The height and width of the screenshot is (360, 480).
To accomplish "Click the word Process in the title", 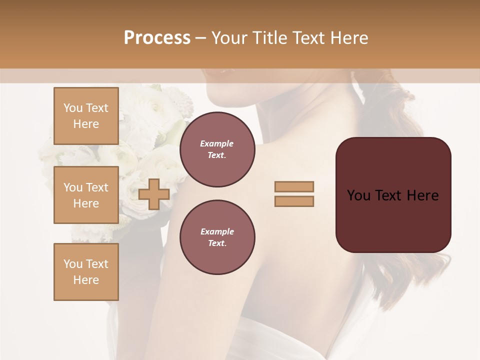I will pos(157,38).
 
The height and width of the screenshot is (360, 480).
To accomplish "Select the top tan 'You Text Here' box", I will pos(86,116).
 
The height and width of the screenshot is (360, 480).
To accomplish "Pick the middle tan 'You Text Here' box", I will pos(86,195).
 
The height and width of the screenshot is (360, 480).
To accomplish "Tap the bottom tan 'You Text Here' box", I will pos(86,272).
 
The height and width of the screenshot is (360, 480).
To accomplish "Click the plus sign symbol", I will pos(154,194).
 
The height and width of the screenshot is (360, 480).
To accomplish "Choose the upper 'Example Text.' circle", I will pos(217,149).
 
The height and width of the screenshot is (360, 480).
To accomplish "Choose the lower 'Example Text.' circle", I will pos(217,237).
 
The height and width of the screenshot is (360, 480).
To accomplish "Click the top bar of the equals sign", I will pos(294,186).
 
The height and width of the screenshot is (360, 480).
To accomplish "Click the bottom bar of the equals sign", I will pos(294,201).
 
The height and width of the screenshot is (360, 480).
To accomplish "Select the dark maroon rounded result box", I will pos(393,220).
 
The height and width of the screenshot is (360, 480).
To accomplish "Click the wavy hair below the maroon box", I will pos(400,280).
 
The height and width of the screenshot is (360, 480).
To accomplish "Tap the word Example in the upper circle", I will pos(217,143).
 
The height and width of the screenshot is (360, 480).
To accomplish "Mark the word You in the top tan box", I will pos(73,108).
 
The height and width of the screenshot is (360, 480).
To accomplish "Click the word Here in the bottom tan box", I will pos(86,280).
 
